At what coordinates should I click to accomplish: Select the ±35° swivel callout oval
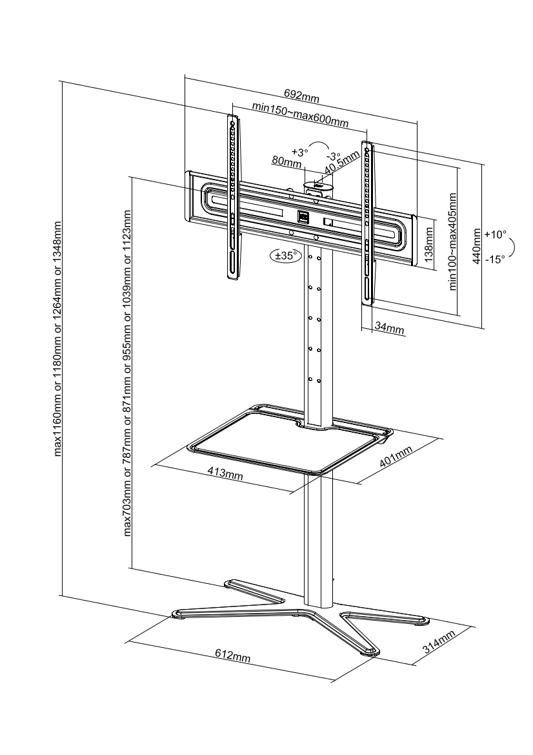click(x=285, y=256)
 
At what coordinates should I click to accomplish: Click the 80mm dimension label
click(x=287, y=162)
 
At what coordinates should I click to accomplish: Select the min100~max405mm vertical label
click(x=453, y=242)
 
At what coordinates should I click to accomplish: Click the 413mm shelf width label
click(x=225, y=473)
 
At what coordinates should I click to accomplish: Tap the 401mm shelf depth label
click(x=394, y=458)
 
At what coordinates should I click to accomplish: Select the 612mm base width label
click(x=232, y=656)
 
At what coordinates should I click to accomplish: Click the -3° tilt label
click(x=332, y=156)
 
